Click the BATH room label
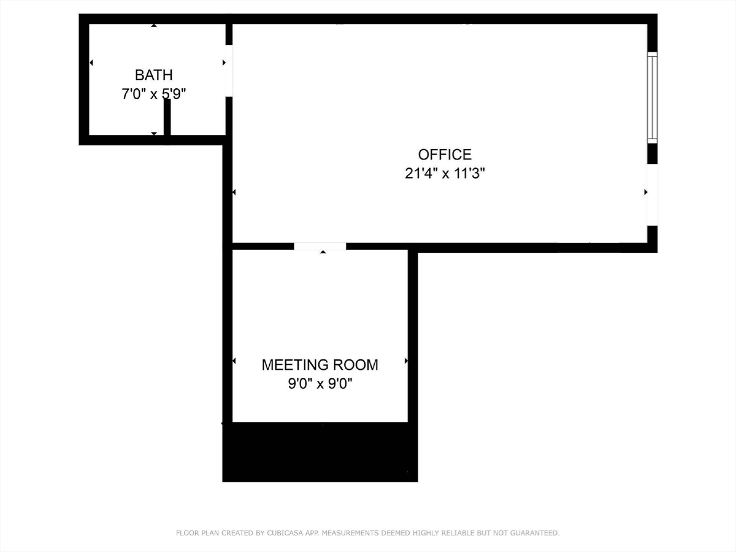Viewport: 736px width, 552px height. click(x=154, y=75)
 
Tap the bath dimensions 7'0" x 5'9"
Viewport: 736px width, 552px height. click(x=154, y=94)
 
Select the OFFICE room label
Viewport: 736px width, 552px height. click(x=445, y=155)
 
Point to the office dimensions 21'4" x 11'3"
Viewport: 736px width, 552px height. click(x=445, y=173)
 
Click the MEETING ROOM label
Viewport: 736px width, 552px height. click(x=320, y=365)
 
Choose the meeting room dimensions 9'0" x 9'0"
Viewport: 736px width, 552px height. click(x=320, y=384)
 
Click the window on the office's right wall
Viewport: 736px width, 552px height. click(x=652, y=97)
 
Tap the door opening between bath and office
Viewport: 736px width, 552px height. click(x=229, y=71)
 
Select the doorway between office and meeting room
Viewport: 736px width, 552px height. click(x=320, y=246)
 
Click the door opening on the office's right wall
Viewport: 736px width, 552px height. click(x=652, y=195)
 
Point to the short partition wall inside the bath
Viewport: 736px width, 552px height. click(x=167, y=117)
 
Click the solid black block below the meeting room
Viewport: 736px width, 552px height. click(x=320, y=452)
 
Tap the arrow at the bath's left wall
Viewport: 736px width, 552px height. click(x=91, y=63)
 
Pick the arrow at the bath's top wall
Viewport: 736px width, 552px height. click(x=154, y=25)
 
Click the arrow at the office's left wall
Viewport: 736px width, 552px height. click(x=234, y=192)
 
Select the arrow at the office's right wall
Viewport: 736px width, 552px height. click(x=646, y=192)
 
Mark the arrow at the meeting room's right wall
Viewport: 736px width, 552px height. click(x=406, y=361)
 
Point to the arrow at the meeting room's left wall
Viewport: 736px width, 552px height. click(x=234, y=361)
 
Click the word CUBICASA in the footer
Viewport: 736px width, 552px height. click(x=285, y=533)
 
